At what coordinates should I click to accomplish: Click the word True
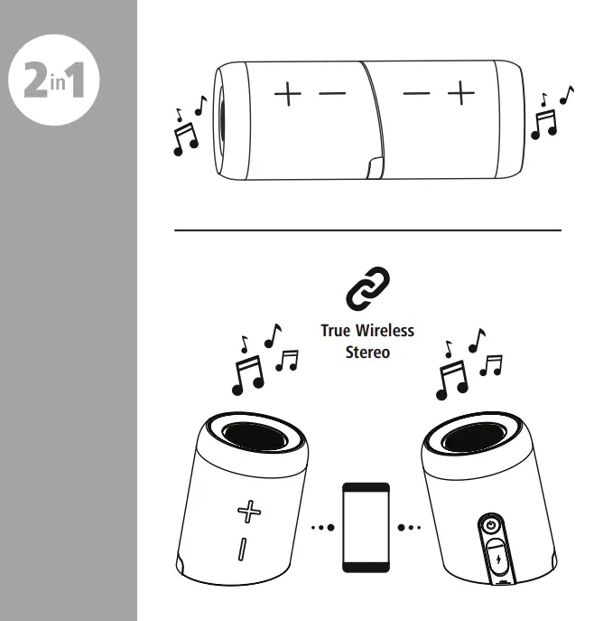[x=336, y=331]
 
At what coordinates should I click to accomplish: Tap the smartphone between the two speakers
[x=367, y=525]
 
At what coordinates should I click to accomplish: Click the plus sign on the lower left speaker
[x=246, y=512]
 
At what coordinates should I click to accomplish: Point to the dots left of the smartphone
[x=320, y=525]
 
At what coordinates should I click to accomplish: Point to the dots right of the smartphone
[x=412, y=525]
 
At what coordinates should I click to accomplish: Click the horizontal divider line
[x=367, y=230]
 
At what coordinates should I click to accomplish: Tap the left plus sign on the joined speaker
[x=289, y=93]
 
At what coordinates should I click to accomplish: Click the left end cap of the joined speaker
[x=219, y=120]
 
